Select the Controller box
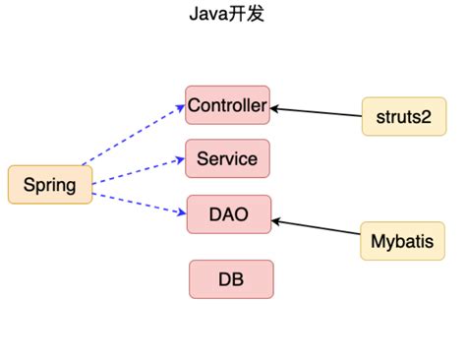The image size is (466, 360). click(227, 105)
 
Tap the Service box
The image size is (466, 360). click(227, 158)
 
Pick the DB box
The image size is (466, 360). click(231, 279)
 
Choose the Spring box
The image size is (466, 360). click(49, 185)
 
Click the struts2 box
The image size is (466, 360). click(401, 117)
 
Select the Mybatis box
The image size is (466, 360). click(401, 240)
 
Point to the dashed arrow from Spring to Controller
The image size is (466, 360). click(133, 133)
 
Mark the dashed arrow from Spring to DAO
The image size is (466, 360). click(138, 201)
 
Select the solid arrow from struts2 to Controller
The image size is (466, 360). click(317, 111)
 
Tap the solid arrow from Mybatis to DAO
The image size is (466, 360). click(317, 228)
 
